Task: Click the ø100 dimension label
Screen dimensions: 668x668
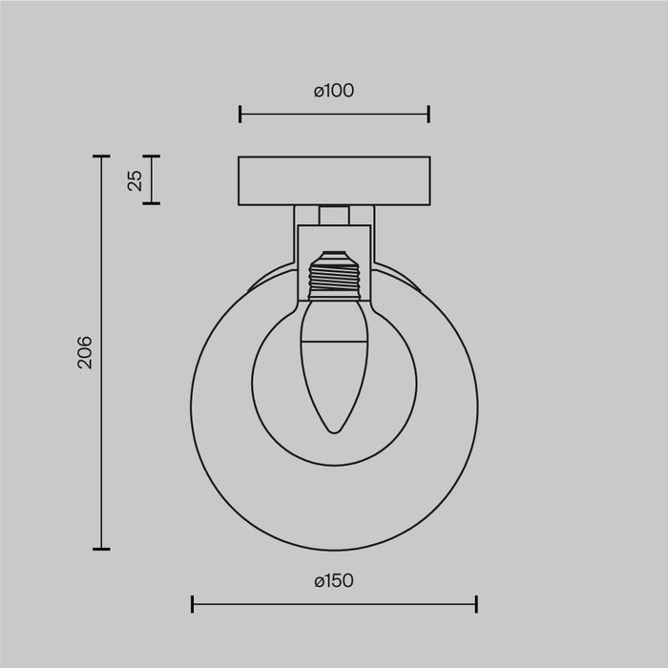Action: (333, 91)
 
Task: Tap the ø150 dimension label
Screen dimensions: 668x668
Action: (333, 580)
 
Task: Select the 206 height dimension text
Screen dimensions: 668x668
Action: (86, 352)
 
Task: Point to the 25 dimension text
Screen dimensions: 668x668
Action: (135, 179)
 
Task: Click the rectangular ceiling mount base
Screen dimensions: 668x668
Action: (334, 180)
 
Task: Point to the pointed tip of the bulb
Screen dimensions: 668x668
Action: (333, 431)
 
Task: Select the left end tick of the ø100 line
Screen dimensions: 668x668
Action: (240, 115)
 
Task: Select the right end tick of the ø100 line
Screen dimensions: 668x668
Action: (428, 115)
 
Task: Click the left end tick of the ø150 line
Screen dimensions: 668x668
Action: (192, 603)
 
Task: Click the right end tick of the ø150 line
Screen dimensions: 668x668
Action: (476, 603)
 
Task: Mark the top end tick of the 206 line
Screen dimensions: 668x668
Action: (101, 157)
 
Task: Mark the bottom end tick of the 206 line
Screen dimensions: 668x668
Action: (101, 549)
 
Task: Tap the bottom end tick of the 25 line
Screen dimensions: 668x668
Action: (151, 203)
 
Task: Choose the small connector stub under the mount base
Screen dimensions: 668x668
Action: (333, 215)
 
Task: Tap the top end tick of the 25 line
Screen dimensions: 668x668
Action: (151, 157)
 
